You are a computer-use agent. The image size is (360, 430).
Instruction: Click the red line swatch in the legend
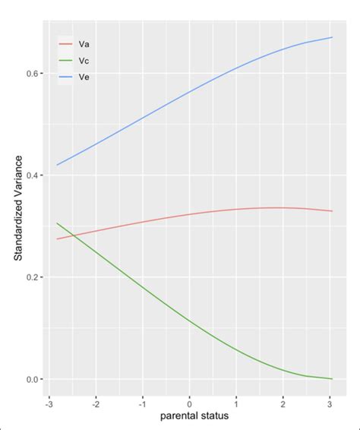(66, 45)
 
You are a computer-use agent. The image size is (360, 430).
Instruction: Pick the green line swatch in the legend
(66, 60)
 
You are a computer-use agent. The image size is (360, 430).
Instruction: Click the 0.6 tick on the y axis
(33, 74)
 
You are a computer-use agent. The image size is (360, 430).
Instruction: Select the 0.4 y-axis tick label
(33, 175)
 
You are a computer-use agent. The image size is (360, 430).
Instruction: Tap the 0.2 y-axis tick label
(33, 277)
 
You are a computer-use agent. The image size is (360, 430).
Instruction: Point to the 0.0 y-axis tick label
(33, 379)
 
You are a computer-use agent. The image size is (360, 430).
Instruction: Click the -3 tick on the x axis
(49, 402)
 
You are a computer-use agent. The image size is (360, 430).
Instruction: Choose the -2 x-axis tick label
(96, 402)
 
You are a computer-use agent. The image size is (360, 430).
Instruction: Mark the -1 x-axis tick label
(143, 402)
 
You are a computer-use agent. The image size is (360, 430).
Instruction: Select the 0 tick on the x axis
(190, 402)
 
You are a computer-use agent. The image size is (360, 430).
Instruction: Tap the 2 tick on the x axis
(283, 402)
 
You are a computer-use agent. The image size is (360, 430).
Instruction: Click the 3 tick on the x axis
(330, 402)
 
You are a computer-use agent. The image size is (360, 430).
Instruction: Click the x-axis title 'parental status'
(194, 416)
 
